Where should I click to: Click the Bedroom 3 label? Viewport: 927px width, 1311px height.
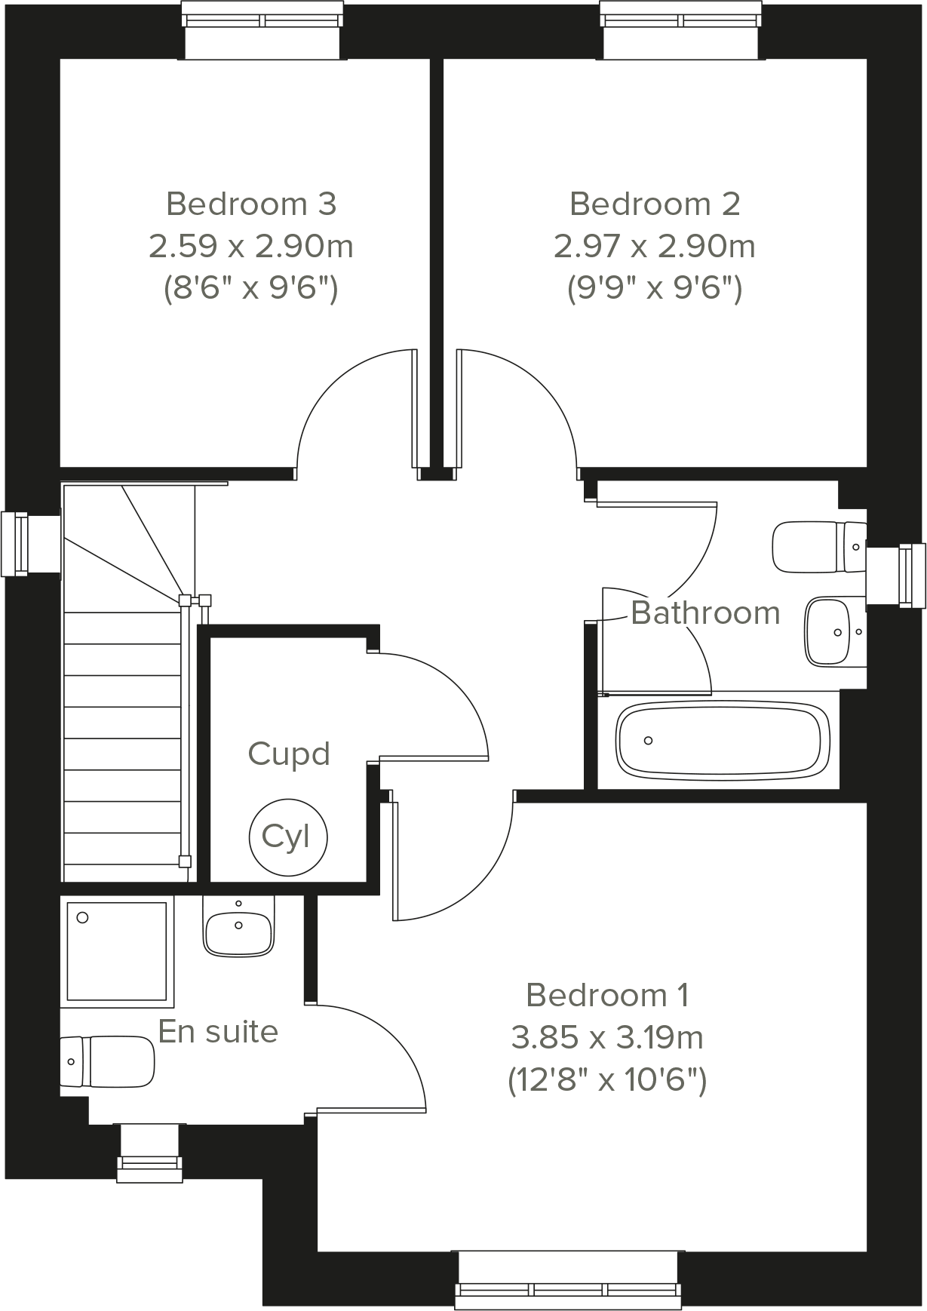250,204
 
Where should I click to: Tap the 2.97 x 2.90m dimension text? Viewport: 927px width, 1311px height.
654,247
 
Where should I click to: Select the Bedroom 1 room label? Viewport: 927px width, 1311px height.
607,996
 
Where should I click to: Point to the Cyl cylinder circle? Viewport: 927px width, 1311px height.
288,836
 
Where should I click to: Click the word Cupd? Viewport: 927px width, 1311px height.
289,754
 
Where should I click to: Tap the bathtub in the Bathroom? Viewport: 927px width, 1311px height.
723,741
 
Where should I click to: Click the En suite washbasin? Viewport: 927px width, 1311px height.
238,932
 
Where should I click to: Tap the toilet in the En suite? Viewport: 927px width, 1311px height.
107,1061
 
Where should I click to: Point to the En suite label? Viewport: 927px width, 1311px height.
218,1031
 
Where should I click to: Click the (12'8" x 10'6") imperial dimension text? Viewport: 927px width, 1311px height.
607,1081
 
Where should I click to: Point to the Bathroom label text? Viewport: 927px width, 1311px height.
705,613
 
